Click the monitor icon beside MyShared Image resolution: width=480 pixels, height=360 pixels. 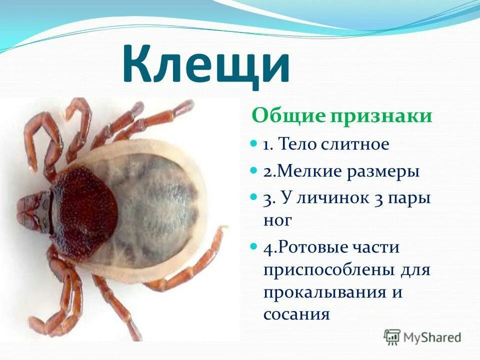392,337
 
